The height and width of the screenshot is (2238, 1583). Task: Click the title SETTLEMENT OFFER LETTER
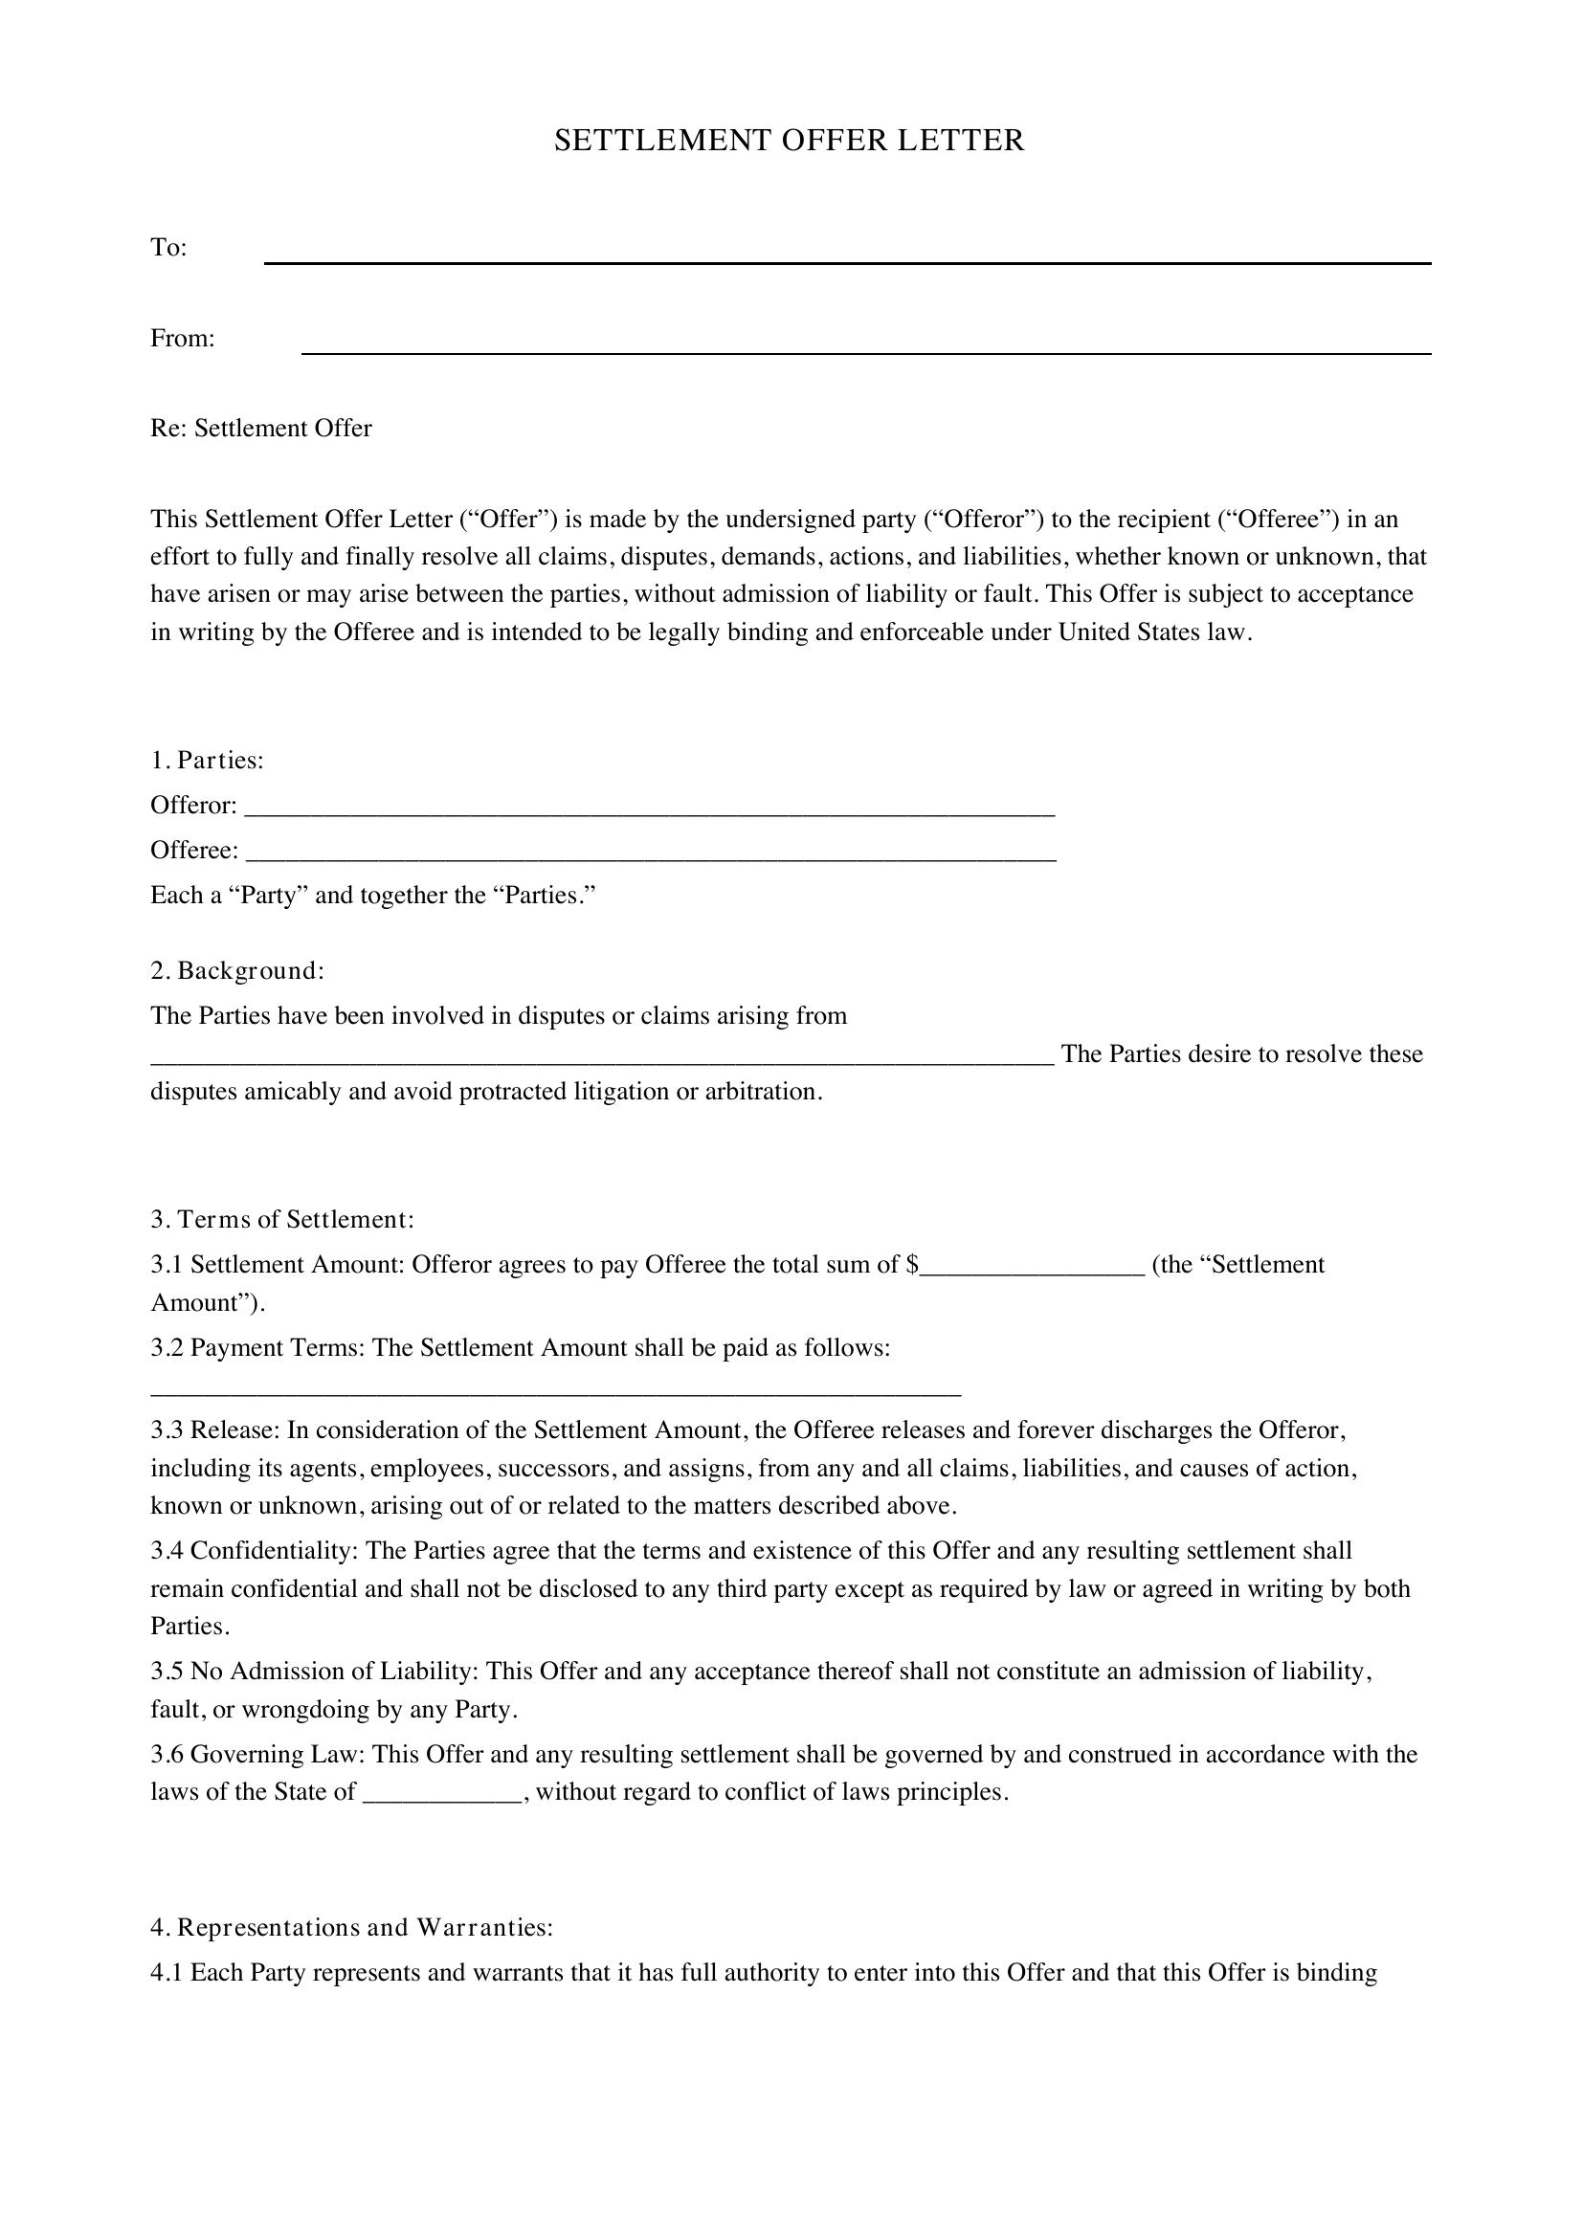(x=790, y=141)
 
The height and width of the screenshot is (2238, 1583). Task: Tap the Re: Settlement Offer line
(x=261, y=429)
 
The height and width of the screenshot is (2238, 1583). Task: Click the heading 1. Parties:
(x=207, y=761)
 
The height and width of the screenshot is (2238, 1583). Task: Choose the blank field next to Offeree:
(x=651, y=854)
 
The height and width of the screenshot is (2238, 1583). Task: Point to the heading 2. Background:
(x=236, y=971)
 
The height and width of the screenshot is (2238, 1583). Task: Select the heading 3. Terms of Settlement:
(x=282, y=1219)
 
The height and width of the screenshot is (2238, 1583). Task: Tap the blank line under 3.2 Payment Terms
(x=556, y=1392)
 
